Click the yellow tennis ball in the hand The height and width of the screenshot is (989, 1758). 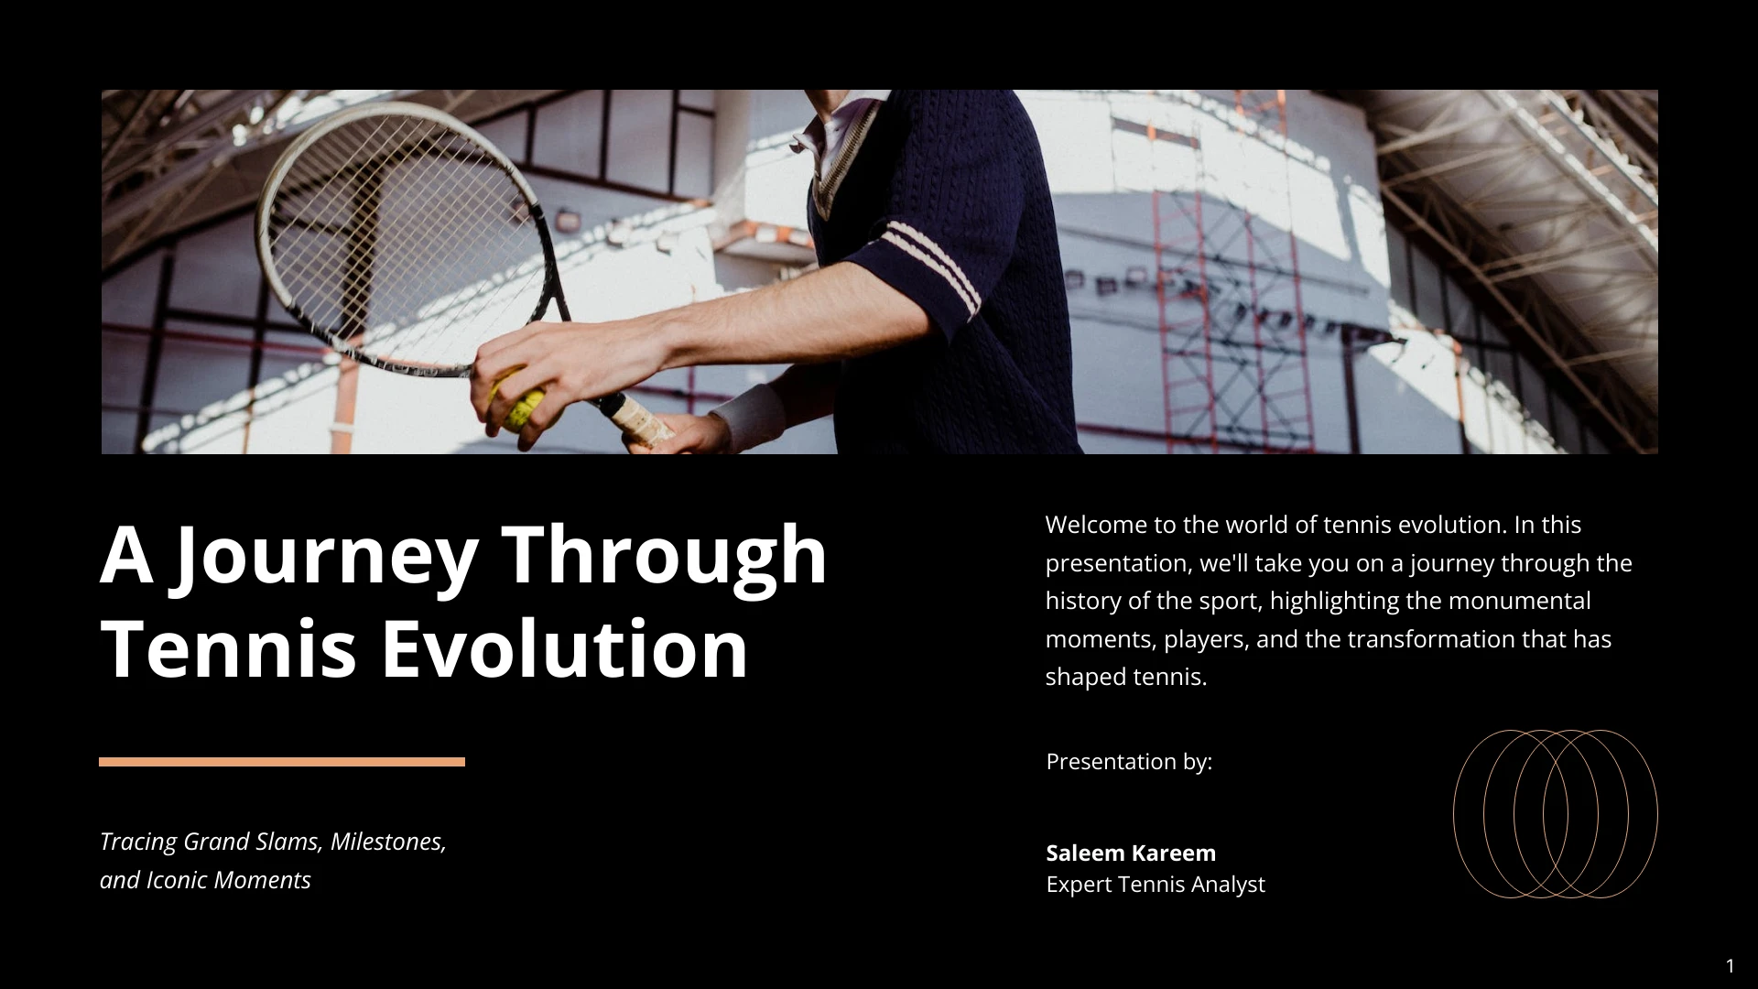(x=517, y=400)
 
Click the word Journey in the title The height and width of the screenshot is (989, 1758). (x=326, y=556)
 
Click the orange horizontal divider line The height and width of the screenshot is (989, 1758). (x=282, y=762)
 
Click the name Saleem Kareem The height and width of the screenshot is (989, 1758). (x=1131, y=853)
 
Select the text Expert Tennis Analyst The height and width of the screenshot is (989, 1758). (x=1156, y=885)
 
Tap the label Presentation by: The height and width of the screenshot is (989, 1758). (x=1129, y=762)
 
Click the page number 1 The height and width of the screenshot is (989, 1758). (x=1730, y=966)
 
